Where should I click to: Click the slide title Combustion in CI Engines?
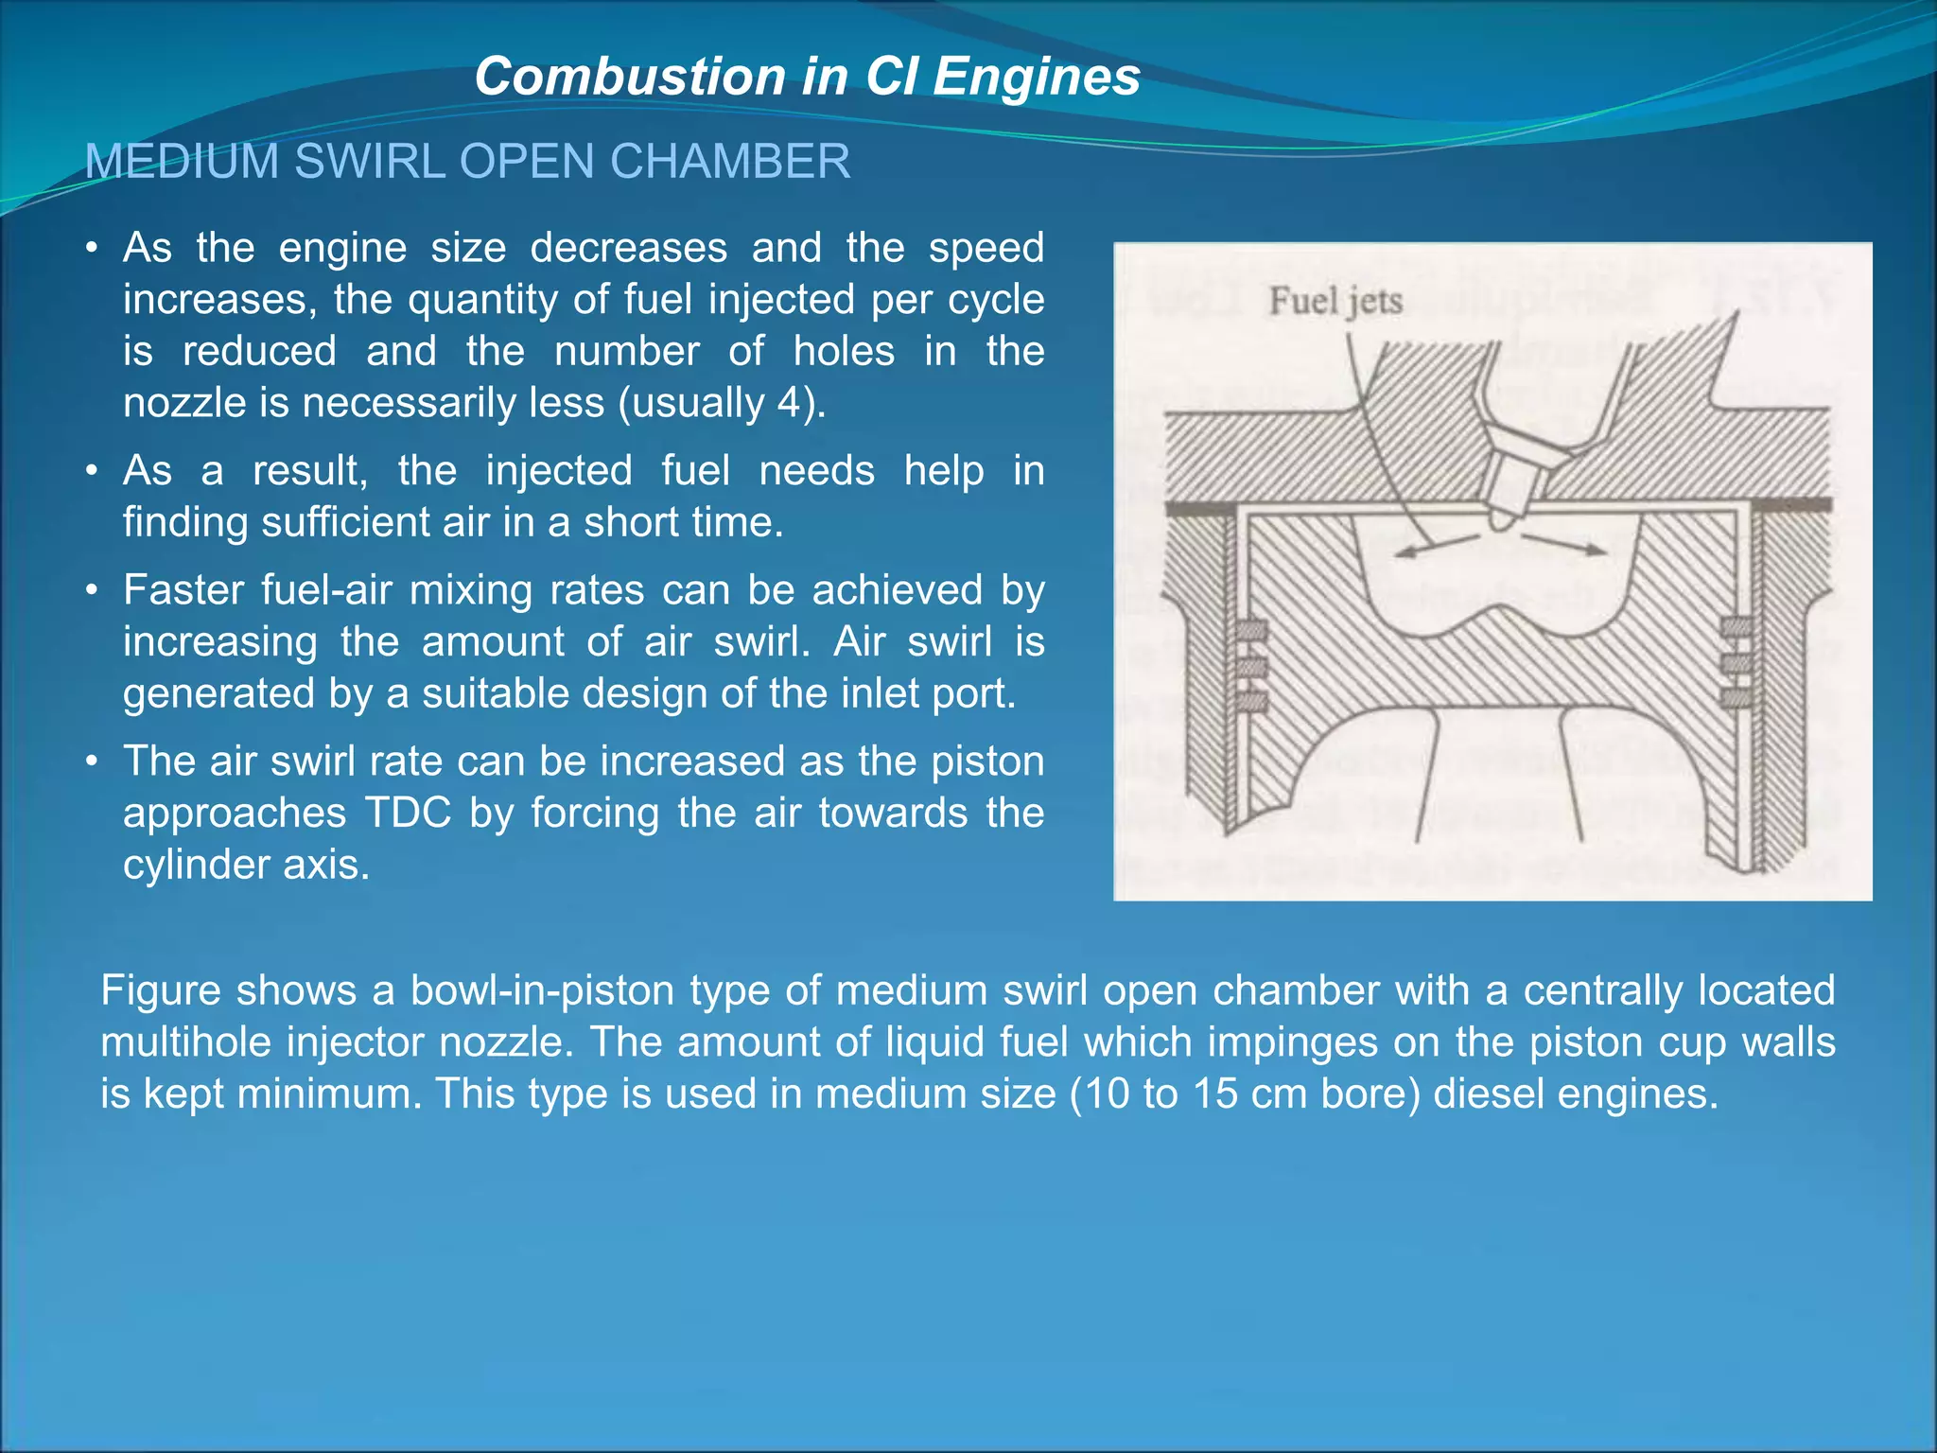point(807,76)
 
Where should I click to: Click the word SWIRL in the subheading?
point(369,162)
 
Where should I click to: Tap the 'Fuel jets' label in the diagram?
point(1335,301)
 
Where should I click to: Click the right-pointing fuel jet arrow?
point(1564,543)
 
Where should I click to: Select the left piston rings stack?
point(1251,666)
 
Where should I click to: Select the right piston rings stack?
point(1736,661)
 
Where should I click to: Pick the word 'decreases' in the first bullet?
point(628,248)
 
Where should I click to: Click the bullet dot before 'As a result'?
point(91,471)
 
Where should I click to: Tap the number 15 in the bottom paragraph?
point(1214,1094)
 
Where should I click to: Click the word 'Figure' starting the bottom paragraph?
point(161,990)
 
